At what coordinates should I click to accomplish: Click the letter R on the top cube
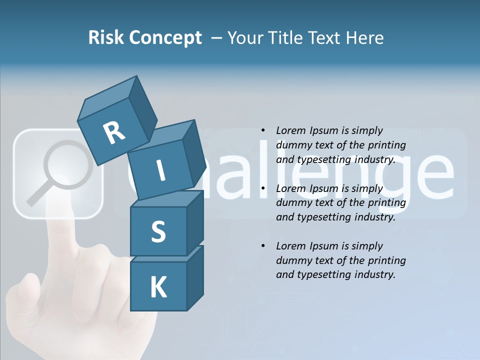(114, 132)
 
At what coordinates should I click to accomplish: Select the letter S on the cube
(158, 232)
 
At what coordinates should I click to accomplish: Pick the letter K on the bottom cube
(158, 287)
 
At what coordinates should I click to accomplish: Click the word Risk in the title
(106, 38)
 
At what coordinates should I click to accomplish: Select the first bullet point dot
(263, 131)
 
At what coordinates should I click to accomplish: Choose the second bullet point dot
(263, 189)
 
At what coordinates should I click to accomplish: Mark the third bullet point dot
(263, 246)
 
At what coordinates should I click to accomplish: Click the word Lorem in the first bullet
(290, 131)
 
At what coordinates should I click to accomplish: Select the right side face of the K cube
(195, 277)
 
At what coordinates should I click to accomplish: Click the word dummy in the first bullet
(292, 145)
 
